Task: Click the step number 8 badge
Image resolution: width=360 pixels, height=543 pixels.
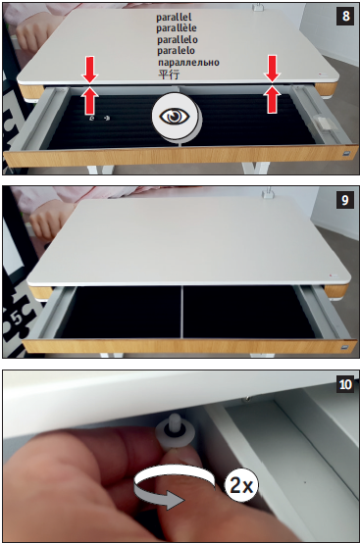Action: (345, 16)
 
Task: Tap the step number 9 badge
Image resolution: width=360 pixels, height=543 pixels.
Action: (345, 200)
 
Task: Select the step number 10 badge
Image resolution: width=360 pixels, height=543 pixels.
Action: (345, 384)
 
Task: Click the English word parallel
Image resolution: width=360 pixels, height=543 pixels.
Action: (174, 17)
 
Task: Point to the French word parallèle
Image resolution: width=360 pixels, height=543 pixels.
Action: (176, 28)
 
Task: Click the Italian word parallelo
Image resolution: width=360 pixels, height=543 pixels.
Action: (178, 39)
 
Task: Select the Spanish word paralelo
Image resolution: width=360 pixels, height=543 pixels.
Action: (176, 51)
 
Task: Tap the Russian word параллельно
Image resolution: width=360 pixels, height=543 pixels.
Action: (188, 63)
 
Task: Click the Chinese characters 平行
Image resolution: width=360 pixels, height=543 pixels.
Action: (169, 74)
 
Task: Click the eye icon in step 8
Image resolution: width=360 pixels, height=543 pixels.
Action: (175, 117)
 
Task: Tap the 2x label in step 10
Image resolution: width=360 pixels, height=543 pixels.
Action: (241, 485)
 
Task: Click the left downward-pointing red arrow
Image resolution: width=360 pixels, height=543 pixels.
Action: (90, 70)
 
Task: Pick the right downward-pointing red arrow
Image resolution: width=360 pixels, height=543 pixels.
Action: (273, 69)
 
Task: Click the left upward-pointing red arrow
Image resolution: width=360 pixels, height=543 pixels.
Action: (90, 100)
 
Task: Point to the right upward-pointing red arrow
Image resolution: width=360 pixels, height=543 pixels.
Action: (273, 99)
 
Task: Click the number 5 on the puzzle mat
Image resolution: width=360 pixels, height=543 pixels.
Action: (19, 319)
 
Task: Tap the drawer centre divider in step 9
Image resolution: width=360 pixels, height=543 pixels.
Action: (180, 311)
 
